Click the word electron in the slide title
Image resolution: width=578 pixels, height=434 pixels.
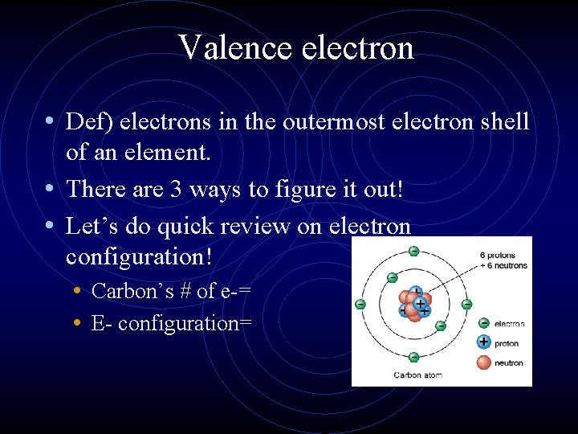pos(358,47)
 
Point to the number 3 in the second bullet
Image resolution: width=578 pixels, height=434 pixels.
pos(175,189)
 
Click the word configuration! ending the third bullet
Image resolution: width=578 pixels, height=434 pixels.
pos(139,257)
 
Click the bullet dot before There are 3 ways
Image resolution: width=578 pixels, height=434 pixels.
pos(50,189)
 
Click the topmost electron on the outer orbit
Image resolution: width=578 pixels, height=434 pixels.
pos(413,251)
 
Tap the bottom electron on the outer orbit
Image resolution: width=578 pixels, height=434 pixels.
pos(413,358)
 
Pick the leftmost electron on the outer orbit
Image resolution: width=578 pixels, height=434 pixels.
pos(360,305)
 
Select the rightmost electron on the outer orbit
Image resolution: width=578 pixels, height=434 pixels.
pos(466,305)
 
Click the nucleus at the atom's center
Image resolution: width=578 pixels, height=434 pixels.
pos(414,305)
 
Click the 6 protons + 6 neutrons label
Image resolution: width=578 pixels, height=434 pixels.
pos(503,260)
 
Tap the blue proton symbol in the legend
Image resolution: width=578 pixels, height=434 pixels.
pos(484,342)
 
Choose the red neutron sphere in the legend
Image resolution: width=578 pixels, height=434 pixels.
pos(484,362)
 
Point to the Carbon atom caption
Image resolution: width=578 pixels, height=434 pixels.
pos(417,375)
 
